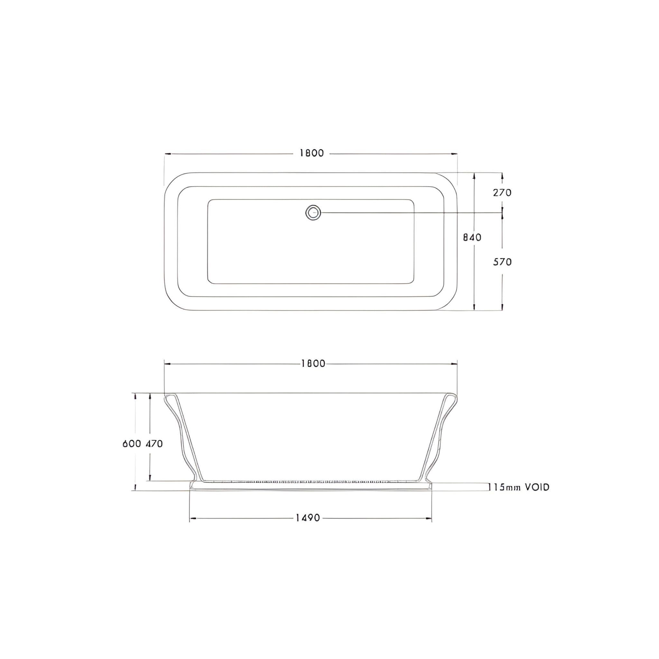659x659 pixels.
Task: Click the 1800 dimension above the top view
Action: tap(311, 153)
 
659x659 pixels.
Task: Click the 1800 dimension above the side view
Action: tap(313, 364)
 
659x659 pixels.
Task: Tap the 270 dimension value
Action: tap(502, 193)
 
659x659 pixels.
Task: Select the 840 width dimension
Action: tap(472, 237)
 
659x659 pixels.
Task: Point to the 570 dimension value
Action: tap(502, 262)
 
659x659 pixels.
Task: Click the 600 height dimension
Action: tap(132, 444)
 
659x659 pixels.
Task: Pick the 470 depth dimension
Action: tap(154, 444)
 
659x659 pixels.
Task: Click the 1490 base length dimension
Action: tap(308, 518)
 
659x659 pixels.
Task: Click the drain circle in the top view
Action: tap(313, 212)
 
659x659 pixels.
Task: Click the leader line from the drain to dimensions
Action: tap(409, 212)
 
